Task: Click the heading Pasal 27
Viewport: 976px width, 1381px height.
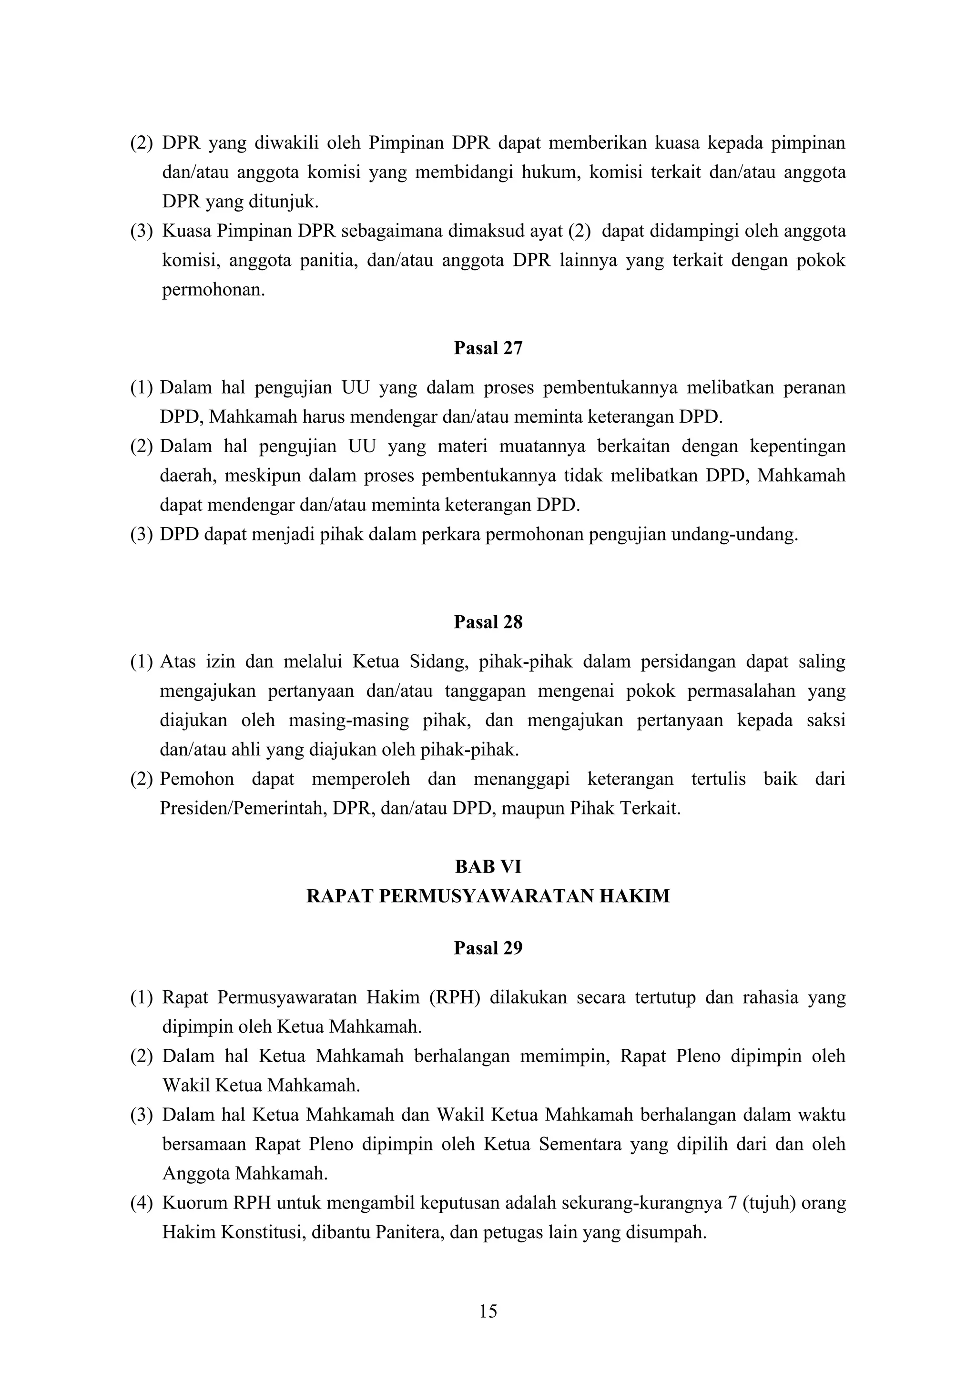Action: pyautogui.click(x=488, y=348)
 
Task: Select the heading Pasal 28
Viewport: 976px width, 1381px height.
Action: pyautogui.click(x=488, y=622)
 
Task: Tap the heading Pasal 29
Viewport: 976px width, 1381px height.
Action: pyautogui.click(x=488, y=948)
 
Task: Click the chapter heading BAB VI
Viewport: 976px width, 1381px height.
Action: pyautogui.click(x=488, y=867)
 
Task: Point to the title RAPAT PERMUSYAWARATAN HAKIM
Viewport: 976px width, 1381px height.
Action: pyautogui.click(x=488, y=896)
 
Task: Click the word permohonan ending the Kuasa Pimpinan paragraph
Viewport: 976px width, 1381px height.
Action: pyautogui.click(x=213, y=290)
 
